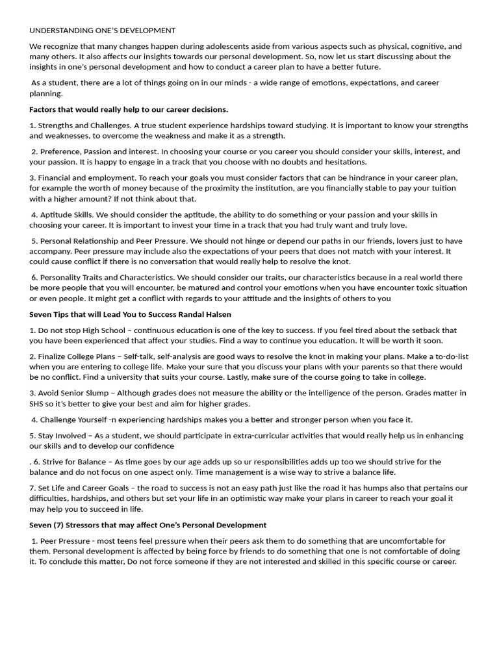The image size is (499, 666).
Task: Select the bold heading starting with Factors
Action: pos(129,109)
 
